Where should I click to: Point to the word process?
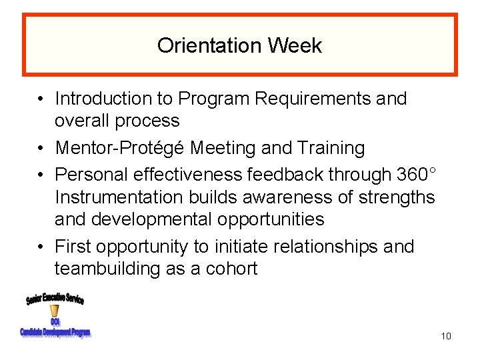coord(147,121)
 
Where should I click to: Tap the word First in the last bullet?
coord(73,247)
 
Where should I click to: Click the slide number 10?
coord(446,335)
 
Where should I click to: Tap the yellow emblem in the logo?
coord(54,311)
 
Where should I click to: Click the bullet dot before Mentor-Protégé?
coord(41,148)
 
